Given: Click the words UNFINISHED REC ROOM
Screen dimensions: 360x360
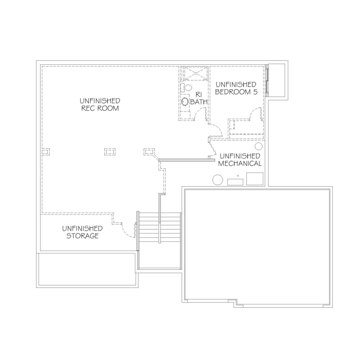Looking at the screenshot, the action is point(100,104).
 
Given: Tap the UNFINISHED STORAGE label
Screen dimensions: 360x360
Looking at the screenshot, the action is point(82,232).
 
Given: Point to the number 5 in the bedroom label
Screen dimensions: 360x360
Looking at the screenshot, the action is point(255,92).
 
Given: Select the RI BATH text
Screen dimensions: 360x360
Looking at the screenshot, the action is point(199,98).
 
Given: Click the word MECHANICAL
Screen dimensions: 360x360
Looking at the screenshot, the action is point(240,163).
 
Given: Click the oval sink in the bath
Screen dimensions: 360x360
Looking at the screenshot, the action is point(185,102).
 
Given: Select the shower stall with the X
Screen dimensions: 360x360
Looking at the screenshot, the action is point(196,73).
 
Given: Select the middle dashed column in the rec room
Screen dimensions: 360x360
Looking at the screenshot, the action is point(110,152).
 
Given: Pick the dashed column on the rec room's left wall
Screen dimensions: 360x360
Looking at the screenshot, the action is point(45,152).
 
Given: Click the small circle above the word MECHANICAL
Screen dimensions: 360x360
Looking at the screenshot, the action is point(259,146).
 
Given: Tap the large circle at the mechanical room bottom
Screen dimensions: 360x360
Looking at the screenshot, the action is point(218,180).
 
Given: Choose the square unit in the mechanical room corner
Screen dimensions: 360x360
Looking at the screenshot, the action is point(255,179).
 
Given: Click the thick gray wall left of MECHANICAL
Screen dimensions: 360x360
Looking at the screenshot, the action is point(187,160).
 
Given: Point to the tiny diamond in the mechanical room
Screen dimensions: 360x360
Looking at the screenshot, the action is point(238,176).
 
